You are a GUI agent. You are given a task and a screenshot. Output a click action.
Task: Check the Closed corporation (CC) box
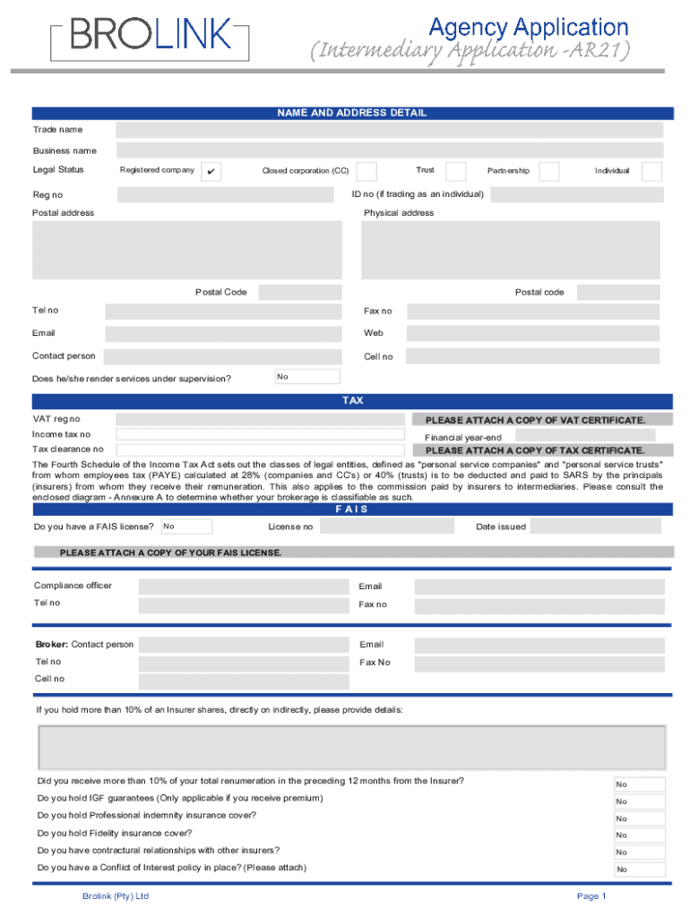(366, 171)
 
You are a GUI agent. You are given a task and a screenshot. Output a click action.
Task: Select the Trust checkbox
(455, 171)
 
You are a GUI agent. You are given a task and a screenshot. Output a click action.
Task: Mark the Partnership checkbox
(548, 171)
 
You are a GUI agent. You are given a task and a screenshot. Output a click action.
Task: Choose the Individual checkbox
(651, 171)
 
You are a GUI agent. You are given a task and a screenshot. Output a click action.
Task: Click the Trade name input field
(389, 131)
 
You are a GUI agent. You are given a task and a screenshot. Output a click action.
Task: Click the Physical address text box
(511, 250)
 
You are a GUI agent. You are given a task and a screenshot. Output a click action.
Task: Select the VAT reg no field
(260, 419)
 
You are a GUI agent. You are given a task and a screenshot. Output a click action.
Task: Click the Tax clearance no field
(260, 450)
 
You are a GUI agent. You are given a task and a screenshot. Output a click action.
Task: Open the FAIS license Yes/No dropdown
(186, 527)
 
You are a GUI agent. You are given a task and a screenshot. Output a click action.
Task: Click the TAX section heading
(352, 401)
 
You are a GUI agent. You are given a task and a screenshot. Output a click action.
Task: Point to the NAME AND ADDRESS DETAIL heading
(352, 113)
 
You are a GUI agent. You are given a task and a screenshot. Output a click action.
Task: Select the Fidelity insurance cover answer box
(639, 836)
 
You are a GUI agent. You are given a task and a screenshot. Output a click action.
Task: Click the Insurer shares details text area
(352, 748)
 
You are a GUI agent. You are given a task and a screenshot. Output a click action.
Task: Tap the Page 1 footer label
(591, 896)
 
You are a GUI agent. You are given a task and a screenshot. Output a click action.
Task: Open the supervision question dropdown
(307, 377)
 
